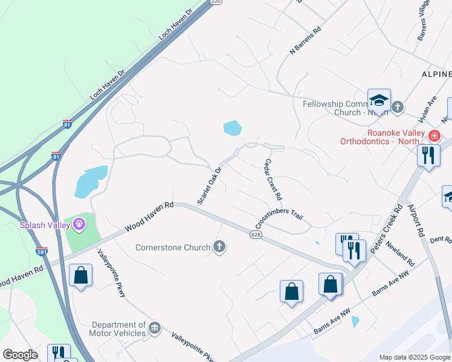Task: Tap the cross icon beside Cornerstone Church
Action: coord(219,246)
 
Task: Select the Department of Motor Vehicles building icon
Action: coord(155,328)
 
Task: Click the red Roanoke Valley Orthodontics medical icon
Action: coord(433,136)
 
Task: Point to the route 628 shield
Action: coord(256,232)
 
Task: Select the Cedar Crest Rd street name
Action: coord(273,180)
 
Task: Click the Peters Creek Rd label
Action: coord(388,230)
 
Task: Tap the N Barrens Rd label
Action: coord(305,40)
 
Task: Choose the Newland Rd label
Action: coord(401,254)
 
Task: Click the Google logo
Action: coord(20,355)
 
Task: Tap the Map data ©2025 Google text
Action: coord(415,357)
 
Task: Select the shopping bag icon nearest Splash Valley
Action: coord(80,276)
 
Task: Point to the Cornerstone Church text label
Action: coord(172,247)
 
